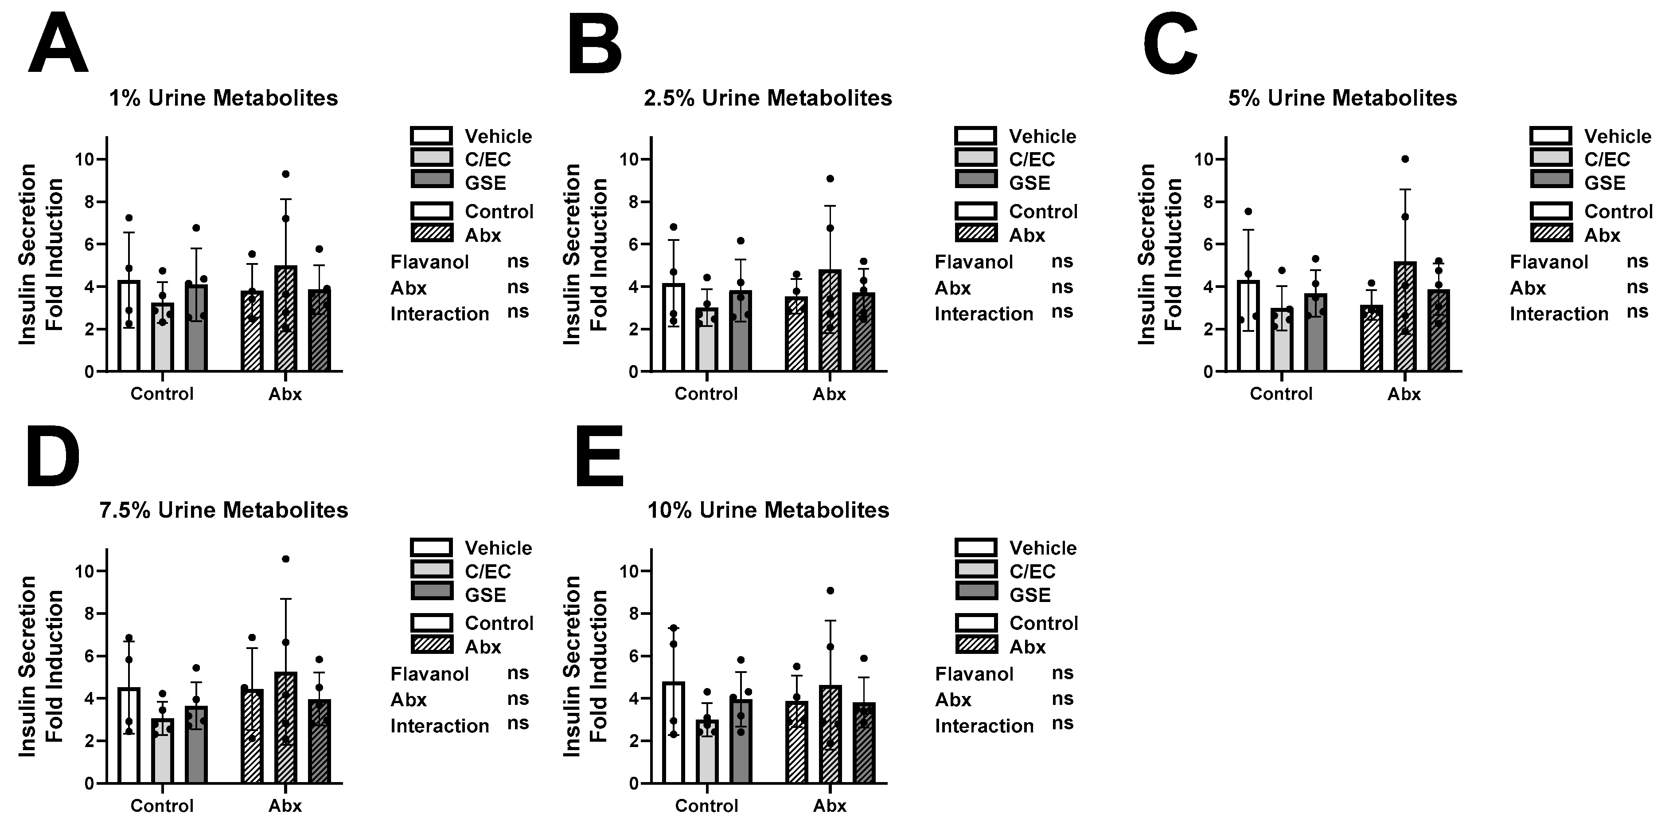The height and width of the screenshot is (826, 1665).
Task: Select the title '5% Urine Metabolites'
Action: click(x=1342, y=98)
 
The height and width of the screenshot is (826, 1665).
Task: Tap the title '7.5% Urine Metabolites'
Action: click(x=224, y=510)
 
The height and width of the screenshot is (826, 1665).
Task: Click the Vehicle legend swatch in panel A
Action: click(x=432, y=136)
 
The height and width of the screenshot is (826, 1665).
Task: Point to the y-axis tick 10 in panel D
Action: click(x=85, y=571)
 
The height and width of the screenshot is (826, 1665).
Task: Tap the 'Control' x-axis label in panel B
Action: click(x=706, y=394)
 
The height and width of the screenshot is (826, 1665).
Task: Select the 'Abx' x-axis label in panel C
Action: click(x=1404, y=394)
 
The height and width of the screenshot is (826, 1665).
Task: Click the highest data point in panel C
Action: click(x=1404, y=159)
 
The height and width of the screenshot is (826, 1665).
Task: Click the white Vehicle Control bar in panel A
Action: click(x=129, y=326)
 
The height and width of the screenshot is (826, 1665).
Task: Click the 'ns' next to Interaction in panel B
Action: click(x=1062, y=312)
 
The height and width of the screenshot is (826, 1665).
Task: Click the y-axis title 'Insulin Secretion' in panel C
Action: click(x=1146, y=254)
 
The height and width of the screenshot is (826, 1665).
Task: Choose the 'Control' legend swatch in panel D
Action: click(x=432, y=622)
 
